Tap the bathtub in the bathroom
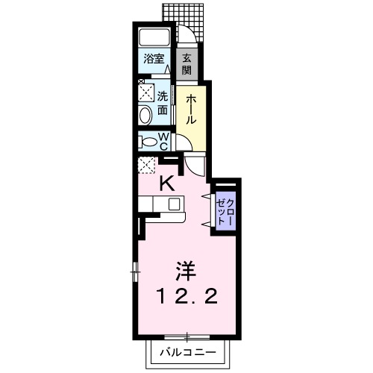[155, 38]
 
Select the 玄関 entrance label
[186, 63]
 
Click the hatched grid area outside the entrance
[184, 12]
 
